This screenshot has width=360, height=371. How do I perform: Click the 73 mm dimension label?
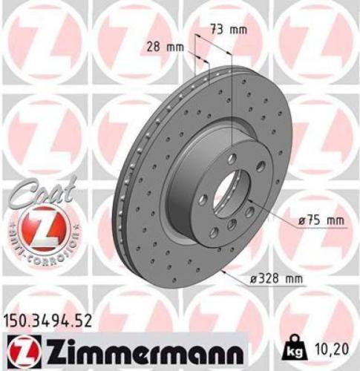coord(227,30)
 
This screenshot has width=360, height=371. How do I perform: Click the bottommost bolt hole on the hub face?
coord(231,225)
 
